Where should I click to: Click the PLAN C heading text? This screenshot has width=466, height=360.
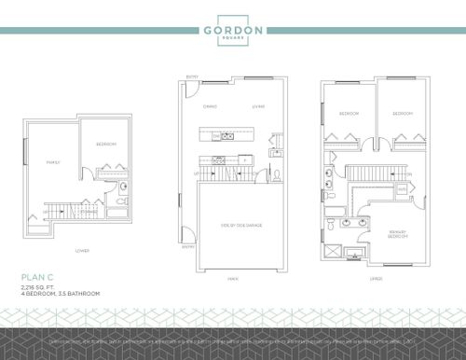[x=35, y=277]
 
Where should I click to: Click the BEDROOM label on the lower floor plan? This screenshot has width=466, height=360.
[x=106, y=145]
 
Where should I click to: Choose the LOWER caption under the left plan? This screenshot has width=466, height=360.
[x=82, y=250]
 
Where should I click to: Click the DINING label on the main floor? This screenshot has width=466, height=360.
[x=211, y=106]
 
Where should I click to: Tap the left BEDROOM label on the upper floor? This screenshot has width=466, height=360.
[x=349, y=114]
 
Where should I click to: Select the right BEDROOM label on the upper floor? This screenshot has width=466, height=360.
[x=403, y=114]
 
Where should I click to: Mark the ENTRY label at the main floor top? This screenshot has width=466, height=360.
[x=193, y=78]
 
